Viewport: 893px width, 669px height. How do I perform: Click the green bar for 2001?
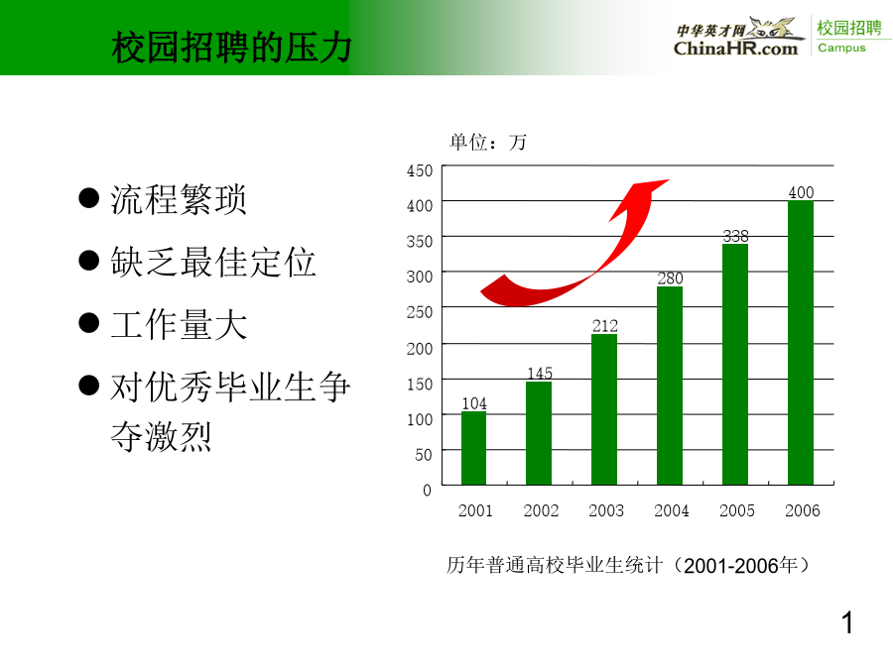[474, 448]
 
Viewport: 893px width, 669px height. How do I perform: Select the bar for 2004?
[670, 386]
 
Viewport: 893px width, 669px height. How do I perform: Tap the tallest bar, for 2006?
[801, 343]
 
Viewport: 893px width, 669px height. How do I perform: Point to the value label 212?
[605, 326]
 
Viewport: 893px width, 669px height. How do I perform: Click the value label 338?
[736, 236]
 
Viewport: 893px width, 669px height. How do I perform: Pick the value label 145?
[540, 374]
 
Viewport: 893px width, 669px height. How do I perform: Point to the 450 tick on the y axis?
[420, 170]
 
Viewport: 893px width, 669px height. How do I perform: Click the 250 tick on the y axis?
[420, 312]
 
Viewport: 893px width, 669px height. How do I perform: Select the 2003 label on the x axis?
[606, 510]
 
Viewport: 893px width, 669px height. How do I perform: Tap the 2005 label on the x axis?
[737, 510]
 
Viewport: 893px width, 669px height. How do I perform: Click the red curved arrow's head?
[641, 198]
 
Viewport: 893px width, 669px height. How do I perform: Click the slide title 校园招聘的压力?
[232, 47]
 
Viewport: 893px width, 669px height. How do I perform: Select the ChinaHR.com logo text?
[736, 49]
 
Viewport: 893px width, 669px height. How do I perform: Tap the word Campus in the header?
[841, 48]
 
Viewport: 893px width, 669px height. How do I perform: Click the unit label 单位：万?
[488, 142]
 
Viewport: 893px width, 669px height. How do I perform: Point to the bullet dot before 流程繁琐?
[89, 198]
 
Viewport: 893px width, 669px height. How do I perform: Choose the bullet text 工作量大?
[179, 324]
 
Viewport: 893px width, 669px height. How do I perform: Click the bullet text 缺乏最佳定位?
[213, 262]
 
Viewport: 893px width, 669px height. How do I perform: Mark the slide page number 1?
[847, 622]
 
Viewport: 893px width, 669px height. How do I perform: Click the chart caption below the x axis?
[628, 566]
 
